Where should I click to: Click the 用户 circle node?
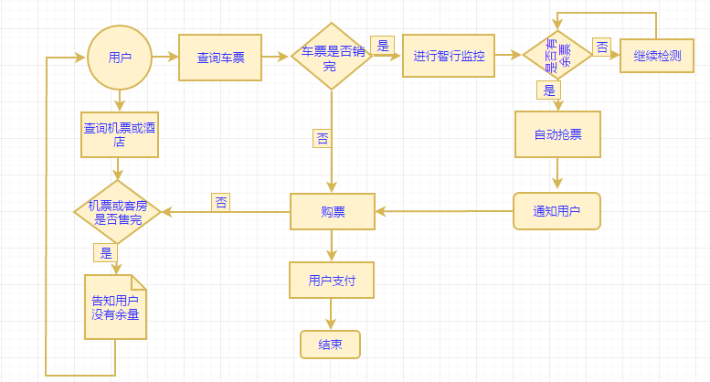pyautogui.click(x=119, y=58)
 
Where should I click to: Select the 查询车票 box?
pyautogui.click(x=220, y=58)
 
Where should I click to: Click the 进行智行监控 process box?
pyautogui.click(x=448, y=56)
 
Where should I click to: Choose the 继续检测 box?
pyautogui.click(x=657, y=56)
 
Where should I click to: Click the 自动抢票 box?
pyautogui.click(x=557, y=134)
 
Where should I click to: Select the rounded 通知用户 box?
pyautogui.click(x=556, y=211)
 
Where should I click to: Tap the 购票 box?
pyautogui.click(x=333, y=211)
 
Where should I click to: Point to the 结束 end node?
pyautogui.click(x=330, y=345)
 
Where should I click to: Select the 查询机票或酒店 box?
pyautogui.click(x=119, y=134)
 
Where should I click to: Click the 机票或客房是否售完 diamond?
pyautogui.click(x=118, y=212)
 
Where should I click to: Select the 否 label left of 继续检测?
pyautogui.click(x=603, y=47)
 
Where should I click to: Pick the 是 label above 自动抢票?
pyautogui.click(x=549, y=90)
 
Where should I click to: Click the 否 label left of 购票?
pyautogui.click(x=221, y=202)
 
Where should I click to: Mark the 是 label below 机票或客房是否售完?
pyautogui.click(x=106, y=252)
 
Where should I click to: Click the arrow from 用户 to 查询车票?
pyautogui.click(x=164, y=57)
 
